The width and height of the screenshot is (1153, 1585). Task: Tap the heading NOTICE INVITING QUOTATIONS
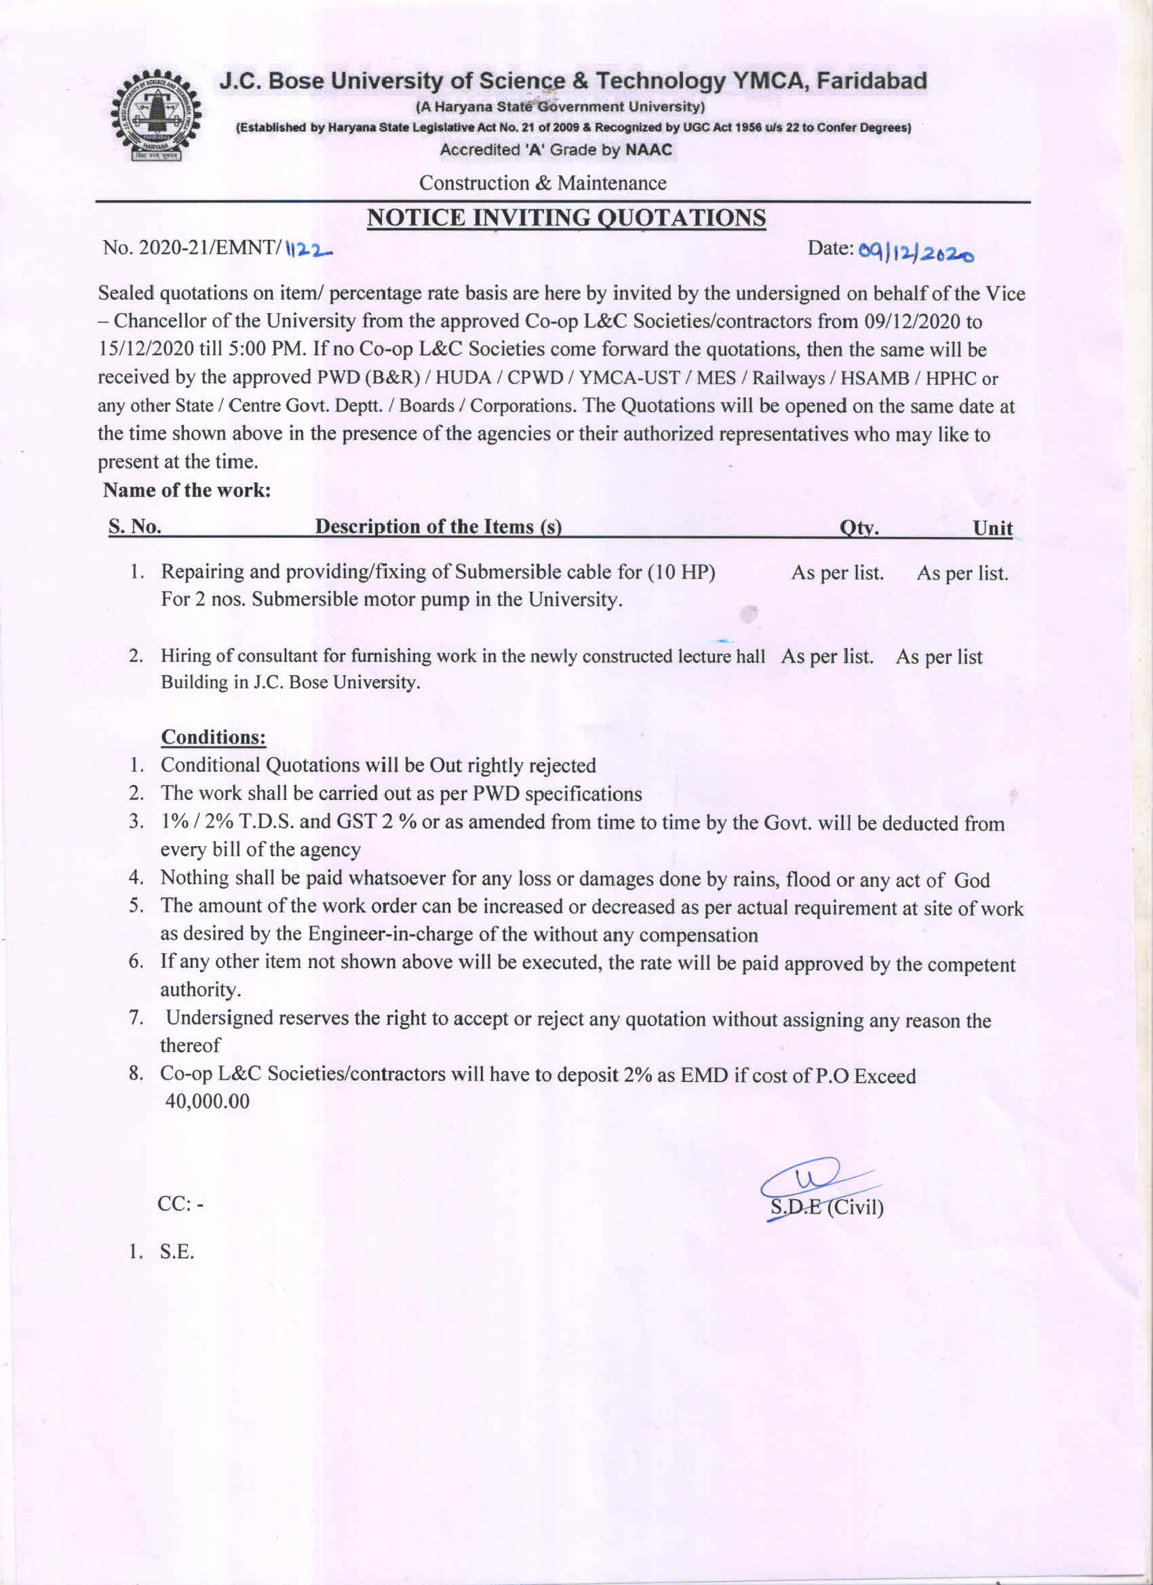[566, 218]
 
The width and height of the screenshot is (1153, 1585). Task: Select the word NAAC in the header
[648, 150]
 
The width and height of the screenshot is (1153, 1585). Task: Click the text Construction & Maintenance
[543, 183]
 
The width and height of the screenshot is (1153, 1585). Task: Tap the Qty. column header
[859, 528]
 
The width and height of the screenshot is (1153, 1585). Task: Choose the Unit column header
[993, 528]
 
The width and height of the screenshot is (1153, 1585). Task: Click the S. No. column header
[135, 527]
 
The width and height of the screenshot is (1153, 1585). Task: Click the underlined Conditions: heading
[213, 738]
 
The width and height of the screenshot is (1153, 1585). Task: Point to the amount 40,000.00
[207, 1102]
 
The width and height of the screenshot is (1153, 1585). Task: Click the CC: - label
[180, 1203]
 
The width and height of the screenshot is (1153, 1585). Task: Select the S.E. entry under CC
[177, 1251]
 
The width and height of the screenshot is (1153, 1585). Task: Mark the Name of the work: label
[187, 490]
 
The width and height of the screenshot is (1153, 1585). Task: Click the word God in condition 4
[972, 880]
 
